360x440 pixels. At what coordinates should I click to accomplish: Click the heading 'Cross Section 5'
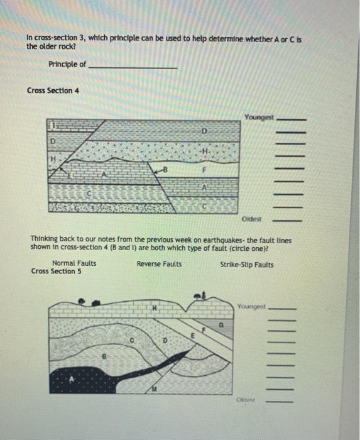[x=57, y=272]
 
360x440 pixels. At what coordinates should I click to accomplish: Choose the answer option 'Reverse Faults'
[x=159, y=264]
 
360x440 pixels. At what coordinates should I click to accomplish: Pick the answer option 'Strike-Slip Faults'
[x=247, y=265]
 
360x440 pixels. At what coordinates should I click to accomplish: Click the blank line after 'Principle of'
[x=133, y=67]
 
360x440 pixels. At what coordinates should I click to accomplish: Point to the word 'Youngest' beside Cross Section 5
[x=252, y=307]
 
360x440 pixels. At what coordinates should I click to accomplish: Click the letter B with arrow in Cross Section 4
[x=164, y=168]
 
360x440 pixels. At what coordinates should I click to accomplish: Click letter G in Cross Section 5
[x=220, y=326]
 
